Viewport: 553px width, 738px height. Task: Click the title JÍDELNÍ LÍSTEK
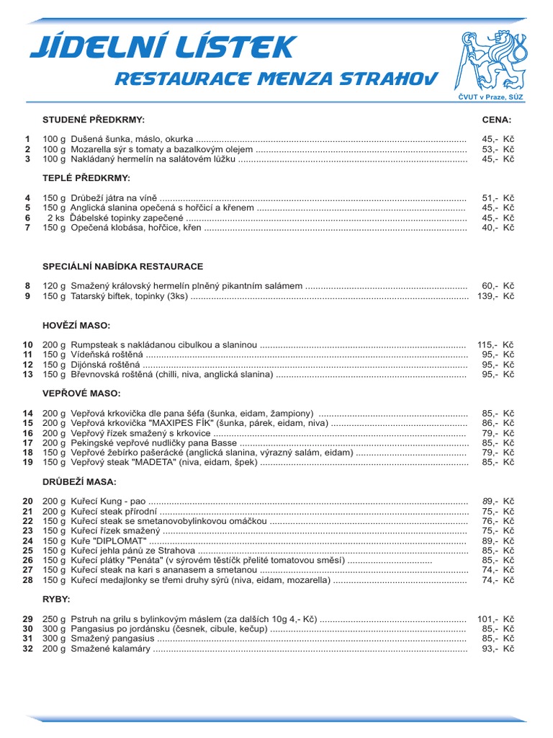pos(162,48)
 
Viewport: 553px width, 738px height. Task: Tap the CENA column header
pos(497,119)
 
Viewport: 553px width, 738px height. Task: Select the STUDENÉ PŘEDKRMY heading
pos(94,119)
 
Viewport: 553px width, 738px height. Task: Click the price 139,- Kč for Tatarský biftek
pos(495,296)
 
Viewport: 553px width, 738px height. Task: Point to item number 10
pos(27,345)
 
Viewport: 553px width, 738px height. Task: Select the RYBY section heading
pos(56,599)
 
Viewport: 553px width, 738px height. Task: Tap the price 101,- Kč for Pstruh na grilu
pos(495,619)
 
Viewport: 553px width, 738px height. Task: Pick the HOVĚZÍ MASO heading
pos(76,326)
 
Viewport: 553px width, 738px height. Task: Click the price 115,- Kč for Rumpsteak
pos(495,345)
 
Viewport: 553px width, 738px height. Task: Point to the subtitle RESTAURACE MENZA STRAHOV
pos(276,78)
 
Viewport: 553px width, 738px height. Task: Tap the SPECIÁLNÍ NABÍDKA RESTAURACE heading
pos(123,267)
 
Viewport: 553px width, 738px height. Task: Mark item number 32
pos(27,649)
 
